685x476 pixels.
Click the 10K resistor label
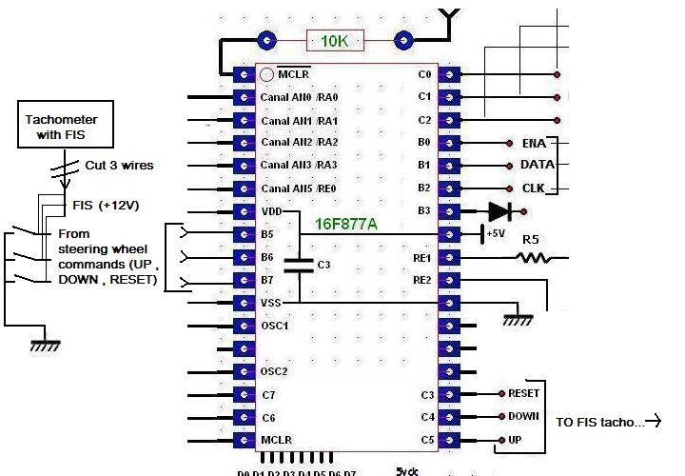334,41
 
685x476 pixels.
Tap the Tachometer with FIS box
62,128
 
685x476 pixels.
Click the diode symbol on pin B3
499,211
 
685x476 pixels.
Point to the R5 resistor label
531,240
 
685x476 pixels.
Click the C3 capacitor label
324,264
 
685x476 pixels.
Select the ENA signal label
534,143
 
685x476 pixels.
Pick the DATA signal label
538,165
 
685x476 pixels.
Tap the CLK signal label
534,188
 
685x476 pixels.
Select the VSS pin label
272,303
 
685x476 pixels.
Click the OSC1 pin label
274,326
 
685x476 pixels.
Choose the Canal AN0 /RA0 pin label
299,97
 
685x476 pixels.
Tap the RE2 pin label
421,280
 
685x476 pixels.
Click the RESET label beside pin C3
524,393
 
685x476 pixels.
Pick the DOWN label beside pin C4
523,416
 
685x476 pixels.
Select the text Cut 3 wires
119,165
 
